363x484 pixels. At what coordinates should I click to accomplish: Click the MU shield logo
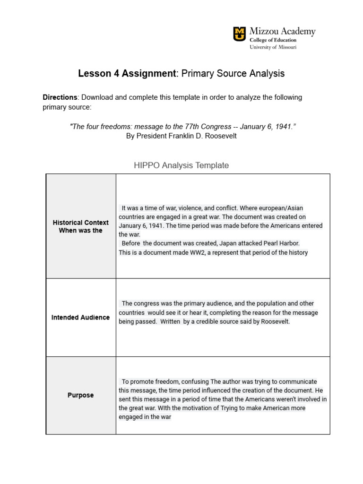click(240, 34)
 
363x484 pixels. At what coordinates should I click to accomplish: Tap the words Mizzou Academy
click(282, 32)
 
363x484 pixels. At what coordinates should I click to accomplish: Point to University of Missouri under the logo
click(273, 47)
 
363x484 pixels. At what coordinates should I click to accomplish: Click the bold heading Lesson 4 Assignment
click(126, 74)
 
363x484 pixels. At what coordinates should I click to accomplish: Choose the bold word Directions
click(60, 97)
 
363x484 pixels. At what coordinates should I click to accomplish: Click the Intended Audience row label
click(81, 318)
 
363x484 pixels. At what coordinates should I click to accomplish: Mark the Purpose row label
click(81, 395)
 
